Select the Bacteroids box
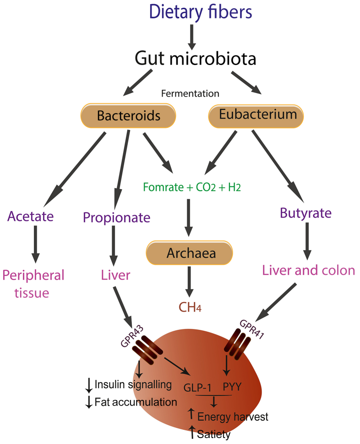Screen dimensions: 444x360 (x=129, y=115)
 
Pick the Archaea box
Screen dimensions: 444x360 (x=189, y=253)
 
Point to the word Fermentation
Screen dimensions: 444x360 (x=190, y=93)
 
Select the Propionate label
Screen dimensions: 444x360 (x=116, y=217)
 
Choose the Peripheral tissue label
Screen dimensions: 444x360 (x=33, y=284)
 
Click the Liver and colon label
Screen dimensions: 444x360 (x=308, y=270)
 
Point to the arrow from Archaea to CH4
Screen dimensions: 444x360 (x=189, y=283)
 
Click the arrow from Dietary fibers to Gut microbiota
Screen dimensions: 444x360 (x=192, y=36)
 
